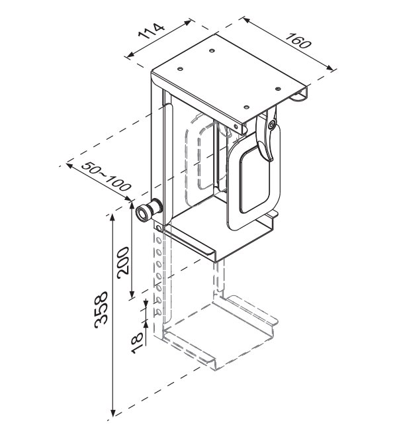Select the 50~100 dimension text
(x=106, y=176)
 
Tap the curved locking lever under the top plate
(x=266, y=134)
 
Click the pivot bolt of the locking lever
(x=272, y=125)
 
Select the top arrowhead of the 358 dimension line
(x=112, y=217)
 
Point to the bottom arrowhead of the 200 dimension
(x=132, y=295)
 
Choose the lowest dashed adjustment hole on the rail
(x=159, y=312)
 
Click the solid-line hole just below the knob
(x=159, y=228)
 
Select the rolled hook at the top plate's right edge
(x=300, y=96)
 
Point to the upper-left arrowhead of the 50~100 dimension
(x=69, y=166)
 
